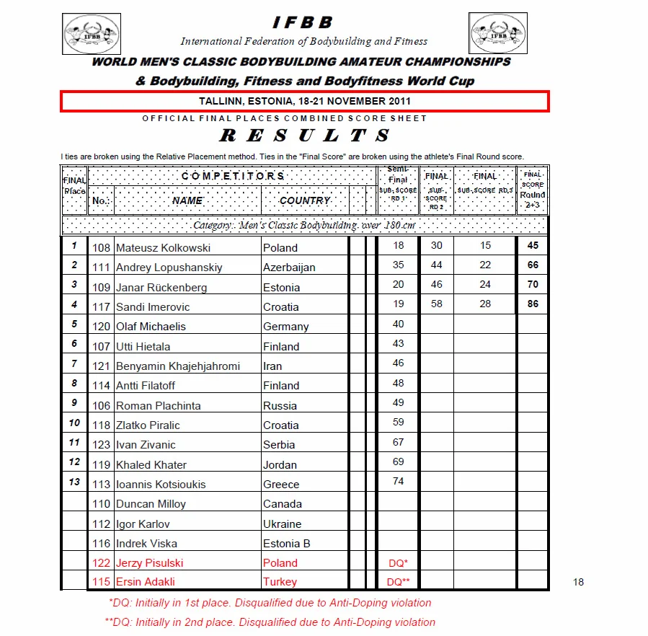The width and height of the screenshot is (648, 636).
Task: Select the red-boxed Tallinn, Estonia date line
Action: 304,101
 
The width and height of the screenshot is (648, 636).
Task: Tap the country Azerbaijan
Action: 289,268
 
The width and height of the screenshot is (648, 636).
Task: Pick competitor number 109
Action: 102,288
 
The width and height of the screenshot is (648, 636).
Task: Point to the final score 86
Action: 533,304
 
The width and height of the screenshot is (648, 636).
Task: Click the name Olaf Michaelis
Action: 151,327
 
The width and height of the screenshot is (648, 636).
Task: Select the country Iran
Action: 272,366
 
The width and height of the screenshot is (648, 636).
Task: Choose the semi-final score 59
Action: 398,423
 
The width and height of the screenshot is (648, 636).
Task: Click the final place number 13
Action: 74,482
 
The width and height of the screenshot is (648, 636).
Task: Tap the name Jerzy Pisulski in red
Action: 149,563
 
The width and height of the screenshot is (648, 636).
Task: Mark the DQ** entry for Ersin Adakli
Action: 398,582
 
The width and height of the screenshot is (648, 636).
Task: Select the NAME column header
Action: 187,200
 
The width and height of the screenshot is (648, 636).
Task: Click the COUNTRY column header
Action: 305,200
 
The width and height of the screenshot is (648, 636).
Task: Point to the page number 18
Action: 578,582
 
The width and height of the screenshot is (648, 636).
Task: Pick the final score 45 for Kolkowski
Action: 533,246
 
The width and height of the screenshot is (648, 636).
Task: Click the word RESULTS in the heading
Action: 305,136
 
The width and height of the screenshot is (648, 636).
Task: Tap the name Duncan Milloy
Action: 151,504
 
